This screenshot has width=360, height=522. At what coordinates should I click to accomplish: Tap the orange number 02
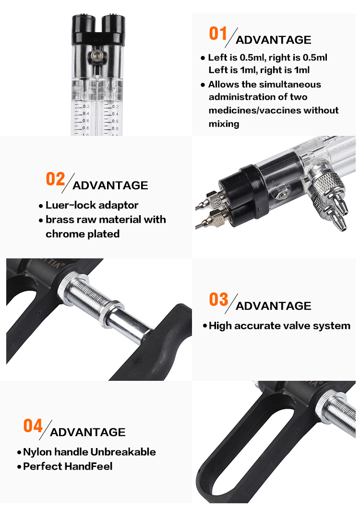pos(55,179)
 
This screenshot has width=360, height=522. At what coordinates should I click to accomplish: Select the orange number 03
pos(218,299)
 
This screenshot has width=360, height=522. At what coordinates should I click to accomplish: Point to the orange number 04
pos(33,426)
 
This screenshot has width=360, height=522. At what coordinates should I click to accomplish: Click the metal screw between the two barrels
pos(97,55)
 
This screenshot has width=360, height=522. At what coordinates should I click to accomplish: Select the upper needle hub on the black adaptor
pos(214,199)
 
